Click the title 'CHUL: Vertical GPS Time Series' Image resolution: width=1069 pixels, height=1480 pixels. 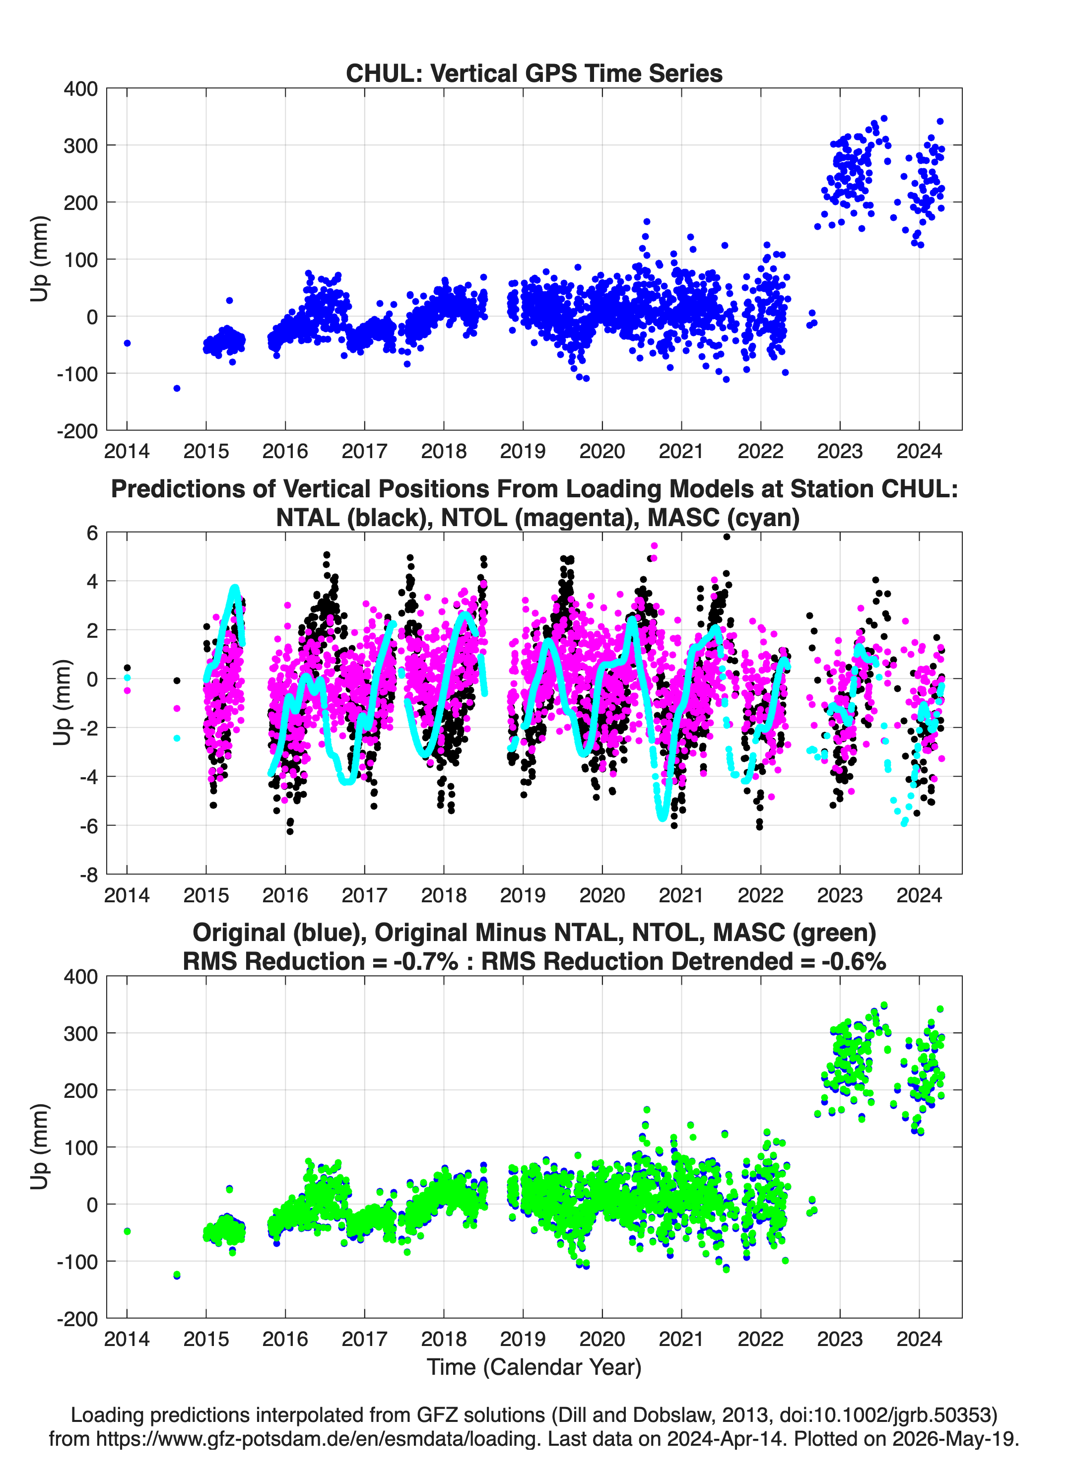pos(534,73)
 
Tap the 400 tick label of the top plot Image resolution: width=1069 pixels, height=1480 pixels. pos(80,89)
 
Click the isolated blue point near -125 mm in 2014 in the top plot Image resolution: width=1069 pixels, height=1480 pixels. pos(177,388)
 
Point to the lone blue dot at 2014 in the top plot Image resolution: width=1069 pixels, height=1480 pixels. pos(127,343)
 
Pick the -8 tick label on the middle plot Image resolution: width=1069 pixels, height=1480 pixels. pos(89,875)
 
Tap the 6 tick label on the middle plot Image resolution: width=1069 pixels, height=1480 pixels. pos(92,533)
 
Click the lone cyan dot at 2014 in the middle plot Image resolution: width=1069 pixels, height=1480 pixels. pos(127,678)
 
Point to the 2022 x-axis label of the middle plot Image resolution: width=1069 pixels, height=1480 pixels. pos(760,895)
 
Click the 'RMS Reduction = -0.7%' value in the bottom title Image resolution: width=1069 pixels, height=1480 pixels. pos(321,961)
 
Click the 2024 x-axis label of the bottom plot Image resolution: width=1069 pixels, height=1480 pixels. pos(919,1339)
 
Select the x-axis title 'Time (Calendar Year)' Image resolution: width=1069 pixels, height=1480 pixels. pos(534,1367)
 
